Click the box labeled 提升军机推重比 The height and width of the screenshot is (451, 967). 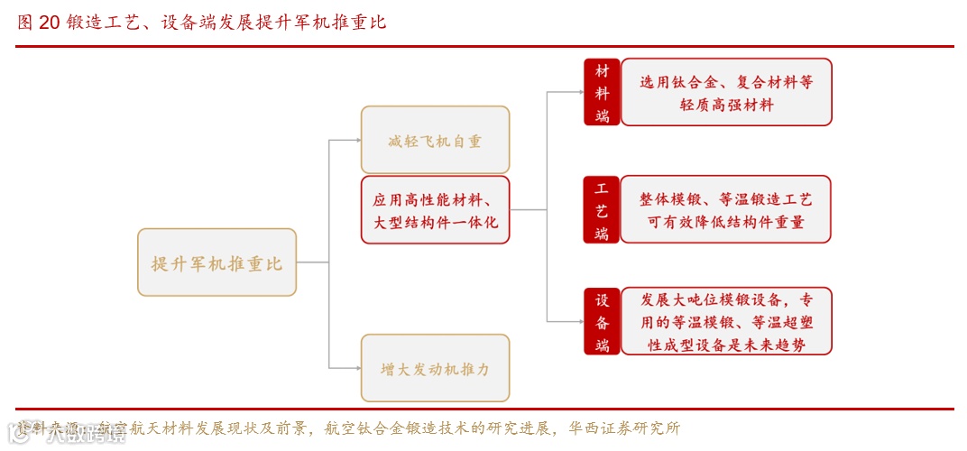(216, 262)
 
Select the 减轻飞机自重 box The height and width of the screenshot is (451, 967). (435, 140)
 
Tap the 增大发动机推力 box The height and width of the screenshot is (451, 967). (435, 368)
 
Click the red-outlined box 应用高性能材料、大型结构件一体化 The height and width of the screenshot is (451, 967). (435, 210)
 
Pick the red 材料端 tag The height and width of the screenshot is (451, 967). (602, 92)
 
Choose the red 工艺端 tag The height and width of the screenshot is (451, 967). (602, 210)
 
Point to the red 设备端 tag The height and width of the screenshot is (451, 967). (602, 321)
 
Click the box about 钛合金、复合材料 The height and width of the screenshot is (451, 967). (726, 92)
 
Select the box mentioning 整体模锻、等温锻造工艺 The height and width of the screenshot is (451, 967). (726, 210)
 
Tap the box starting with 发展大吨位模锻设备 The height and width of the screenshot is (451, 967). (726, 321)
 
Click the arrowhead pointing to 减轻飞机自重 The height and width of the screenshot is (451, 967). (356, 140)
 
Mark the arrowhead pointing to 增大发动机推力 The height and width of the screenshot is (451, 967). (356, 368)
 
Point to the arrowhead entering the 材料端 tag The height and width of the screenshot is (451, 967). (580, 92)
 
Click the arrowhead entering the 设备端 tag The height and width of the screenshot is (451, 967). (580, 321)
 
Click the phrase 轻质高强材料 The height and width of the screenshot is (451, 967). (726, 105)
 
